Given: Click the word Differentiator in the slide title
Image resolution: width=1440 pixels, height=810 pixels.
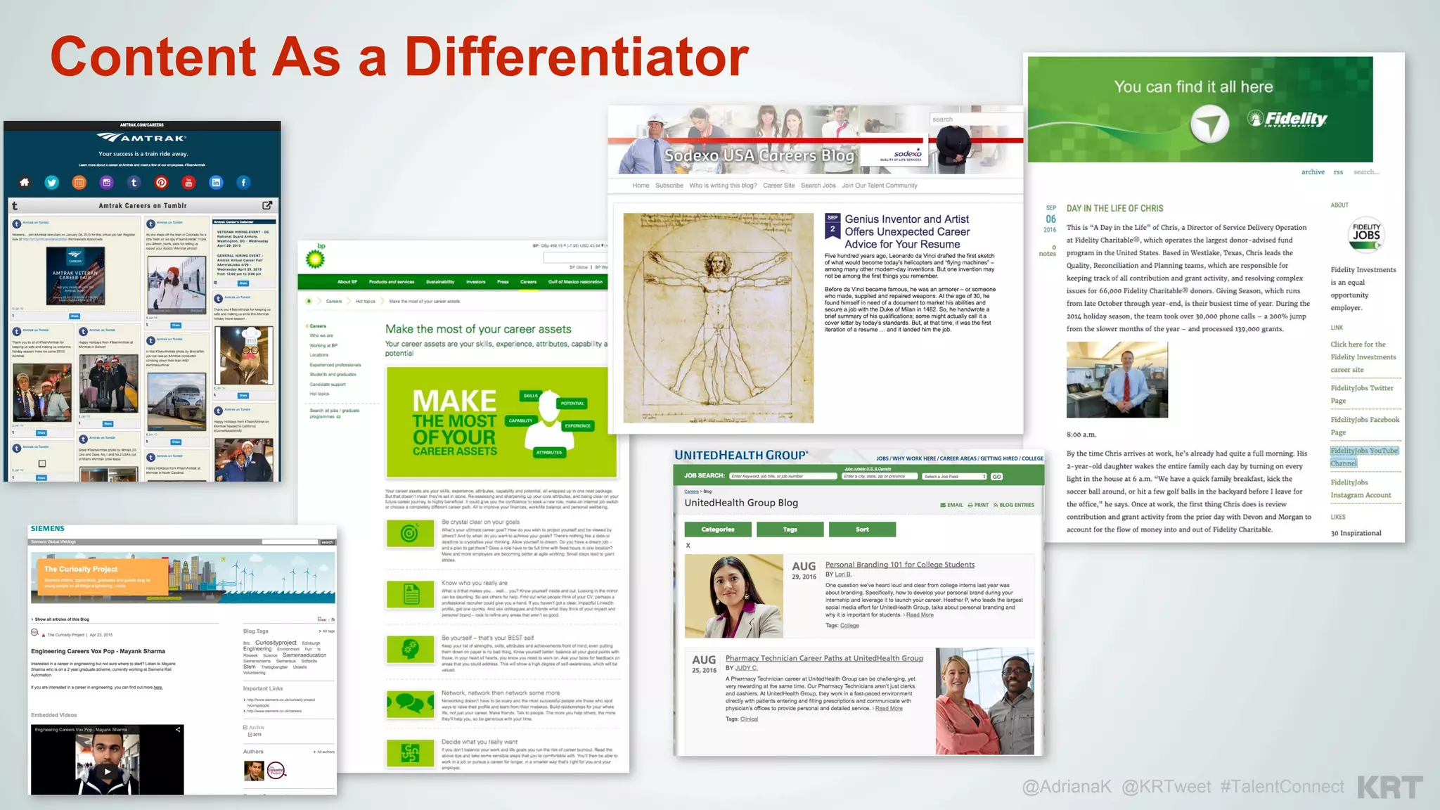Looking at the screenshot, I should click(576, 57).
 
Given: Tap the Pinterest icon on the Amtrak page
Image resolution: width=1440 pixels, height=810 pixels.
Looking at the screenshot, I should click(161, 183).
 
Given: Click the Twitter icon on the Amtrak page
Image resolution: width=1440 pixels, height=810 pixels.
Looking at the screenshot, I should click(52, 183).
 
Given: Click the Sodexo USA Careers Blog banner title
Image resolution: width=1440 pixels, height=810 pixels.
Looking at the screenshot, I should click(759, 155).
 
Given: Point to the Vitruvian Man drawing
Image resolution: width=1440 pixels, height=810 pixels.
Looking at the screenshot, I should click(718, 318).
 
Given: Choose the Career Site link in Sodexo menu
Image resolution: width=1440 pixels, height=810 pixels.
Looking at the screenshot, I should click(778, 186).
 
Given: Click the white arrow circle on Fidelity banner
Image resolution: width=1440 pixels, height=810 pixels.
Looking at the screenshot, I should click(1209, 124).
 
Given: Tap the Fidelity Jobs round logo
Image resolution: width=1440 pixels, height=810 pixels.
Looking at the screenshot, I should click(1365, 235).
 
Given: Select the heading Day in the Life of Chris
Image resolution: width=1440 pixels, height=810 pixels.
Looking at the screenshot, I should click(1114, 209).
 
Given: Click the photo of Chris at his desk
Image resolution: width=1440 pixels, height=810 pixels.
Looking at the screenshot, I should click(1117, 380).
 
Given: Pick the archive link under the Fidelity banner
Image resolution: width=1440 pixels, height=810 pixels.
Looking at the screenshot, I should click(1312, 172).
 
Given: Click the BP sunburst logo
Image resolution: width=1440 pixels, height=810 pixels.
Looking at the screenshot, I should click(315, 258).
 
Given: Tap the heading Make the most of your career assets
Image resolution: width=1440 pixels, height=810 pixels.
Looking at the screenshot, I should click(478, 329).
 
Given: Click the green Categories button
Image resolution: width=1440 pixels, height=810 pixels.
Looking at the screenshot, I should click(717, 529).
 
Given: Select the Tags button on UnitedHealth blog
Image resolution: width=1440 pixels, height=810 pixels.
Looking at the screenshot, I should click(790, 529).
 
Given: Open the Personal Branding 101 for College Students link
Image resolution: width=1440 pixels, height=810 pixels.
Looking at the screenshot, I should click(899, 565).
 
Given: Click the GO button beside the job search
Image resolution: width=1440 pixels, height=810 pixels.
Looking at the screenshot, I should click(996, 477).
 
